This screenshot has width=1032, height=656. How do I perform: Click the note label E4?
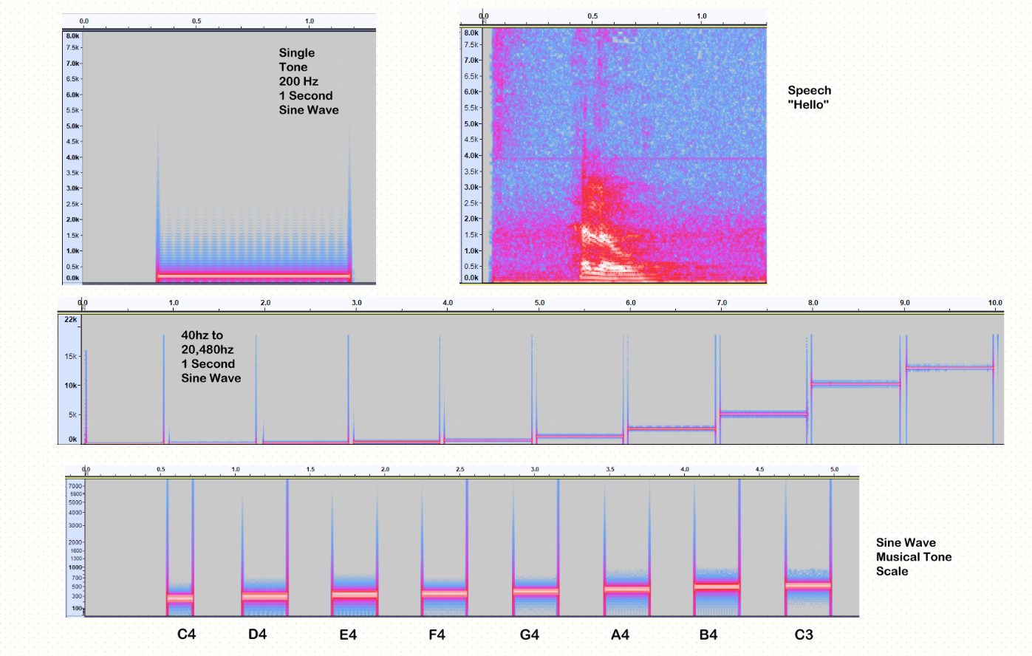348,635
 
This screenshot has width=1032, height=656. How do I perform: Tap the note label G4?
530,635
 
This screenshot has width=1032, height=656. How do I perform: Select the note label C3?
804,635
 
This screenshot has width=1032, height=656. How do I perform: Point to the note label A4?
620,635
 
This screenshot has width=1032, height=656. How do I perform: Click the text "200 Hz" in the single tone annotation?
298,81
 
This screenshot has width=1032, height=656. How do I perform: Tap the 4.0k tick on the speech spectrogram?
471,156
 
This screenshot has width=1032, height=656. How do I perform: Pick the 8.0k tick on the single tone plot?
72,35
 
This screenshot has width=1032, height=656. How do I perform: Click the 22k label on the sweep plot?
70,319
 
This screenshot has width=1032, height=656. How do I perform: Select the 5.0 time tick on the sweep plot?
539,303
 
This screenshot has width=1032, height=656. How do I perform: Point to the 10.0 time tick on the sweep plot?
995,303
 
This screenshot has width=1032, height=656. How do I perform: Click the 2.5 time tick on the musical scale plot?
460,469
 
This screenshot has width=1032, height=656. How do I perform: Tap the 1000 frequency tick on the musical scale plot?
75,567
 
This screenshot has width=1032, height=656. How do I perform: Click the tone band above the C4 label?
180,598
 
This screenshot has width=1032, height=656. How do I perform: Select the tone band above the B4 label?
717,587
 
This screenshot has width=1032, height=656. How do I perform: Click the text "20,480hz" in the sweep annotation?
208,349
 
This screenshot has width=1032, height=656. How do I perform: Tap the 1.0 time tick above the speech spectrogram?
701,16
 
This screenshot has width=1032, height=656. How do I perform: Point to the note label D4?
257,635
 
